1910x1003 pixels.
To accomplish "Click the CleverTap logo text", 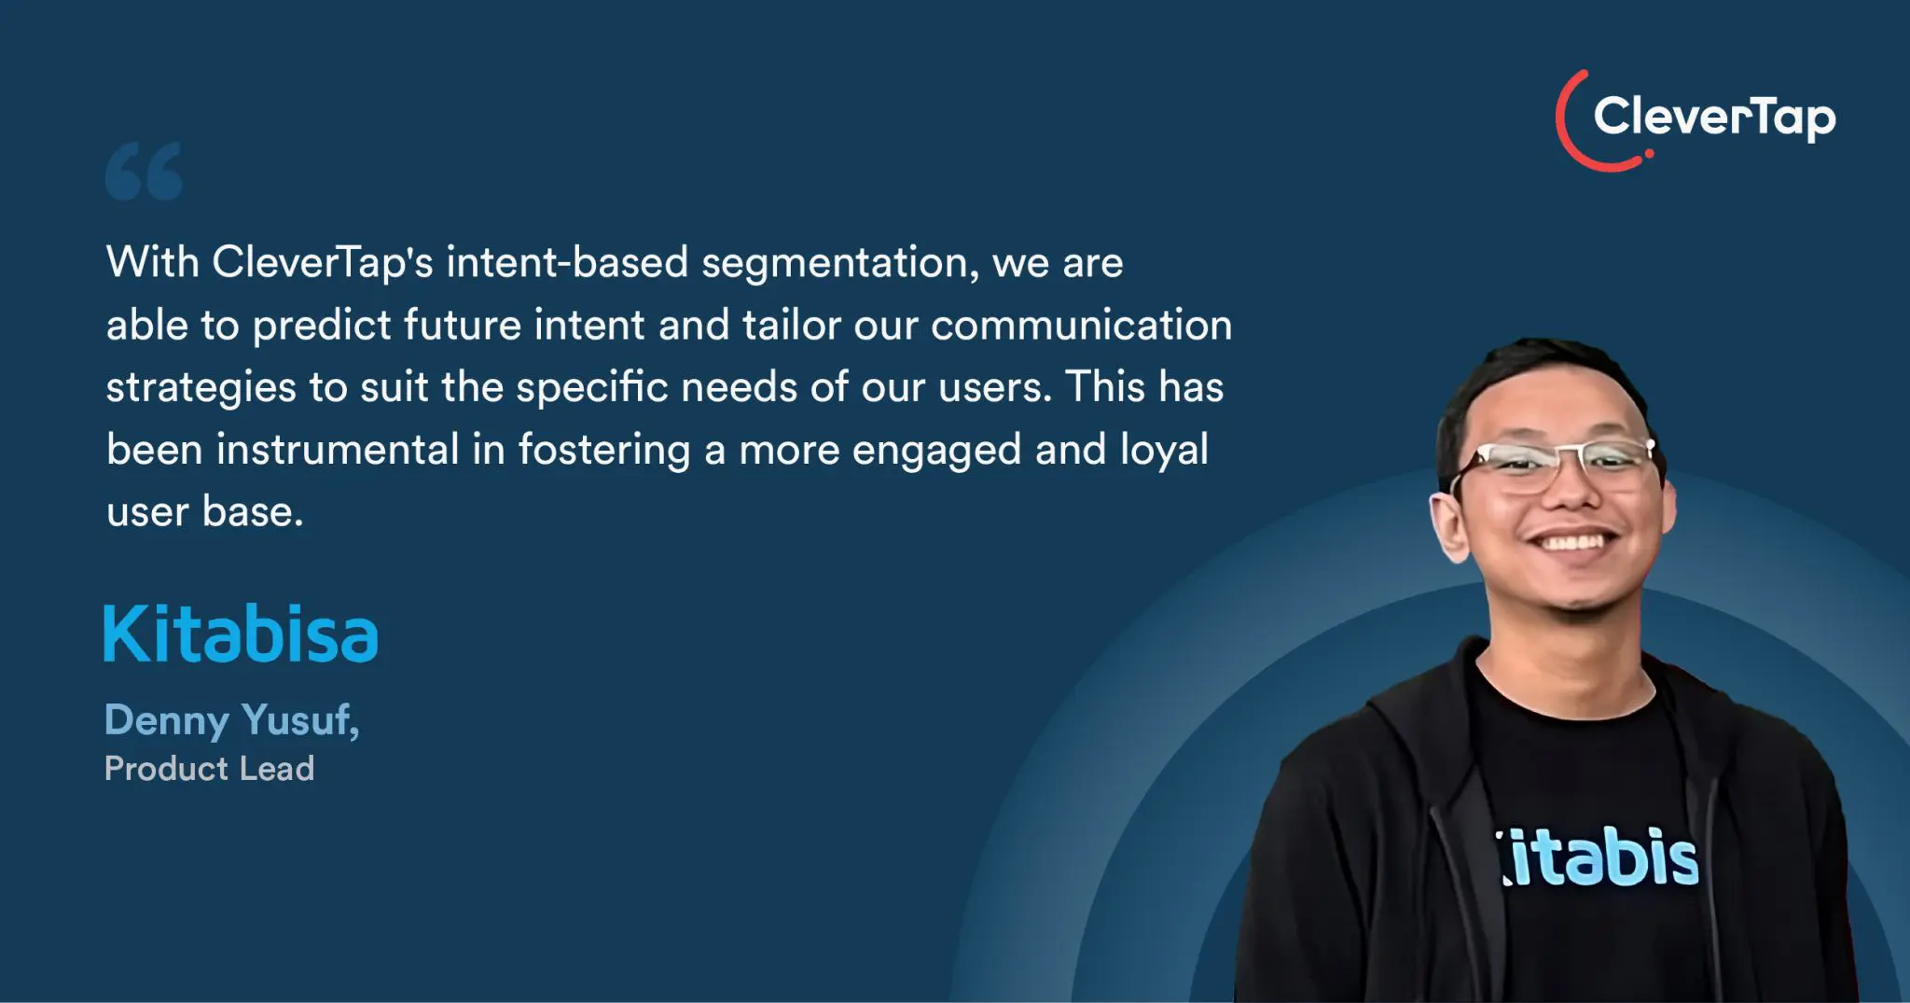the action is click(x=1714, y=118).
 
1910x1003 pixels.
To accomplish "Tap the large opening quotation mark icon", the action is click(x=144, y=172).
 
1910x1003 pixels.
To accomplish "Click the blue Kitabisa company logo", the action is click(x=241, y=634).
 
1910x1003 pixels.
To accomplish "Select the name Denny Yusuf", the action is click(x=232, y=720).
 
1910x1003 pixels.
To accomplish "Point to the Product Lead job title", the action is click(x=210, y=769).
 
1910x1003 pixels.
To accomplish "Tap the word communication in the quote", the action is click(x=1082, y=326).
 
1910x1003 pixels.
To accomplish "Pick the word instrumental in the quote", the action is click(x=339, y=450).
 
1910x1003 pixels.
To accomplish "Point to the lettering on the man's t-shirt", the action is click(x=1598, y=857).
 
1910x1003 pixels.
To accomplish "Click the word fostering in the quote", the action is click(x=604, y=450).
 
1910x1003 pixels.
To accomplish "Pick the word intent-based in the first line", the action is click(x=567, y=262).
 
